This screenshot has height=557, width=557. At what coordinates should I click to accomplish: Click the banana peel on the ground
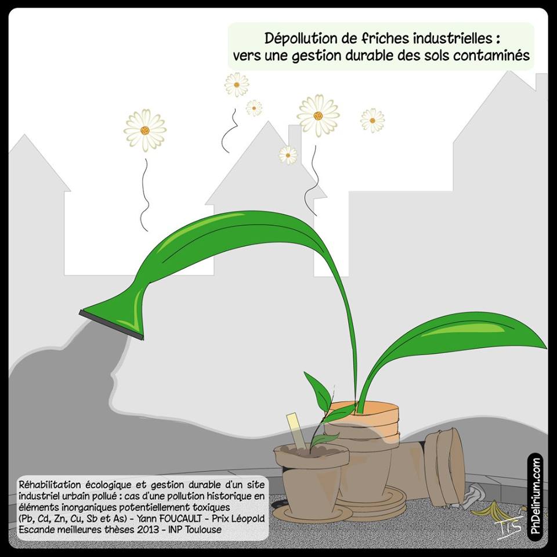coord(492,511)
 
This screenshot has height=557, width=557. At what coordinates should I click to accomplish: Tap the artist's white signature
coord(509,527)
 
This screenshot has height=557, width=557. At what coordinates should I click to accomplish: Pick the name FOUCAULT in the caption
coord(181,518)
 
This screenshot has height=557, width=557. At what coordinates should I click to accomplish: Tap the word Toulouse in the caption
coord(204,529)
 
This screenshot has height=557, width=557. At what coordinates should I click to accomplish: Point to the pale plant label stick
coord(296,431)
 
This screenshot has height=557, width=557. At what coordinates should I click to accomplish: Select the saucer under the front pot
coord(313,513)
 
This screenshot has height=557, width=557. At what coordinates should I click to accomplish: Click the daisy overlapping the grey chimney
coord(288,155)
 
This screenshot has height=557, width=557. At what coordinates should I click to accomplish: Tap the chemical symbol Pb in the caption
coord(26,518)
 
